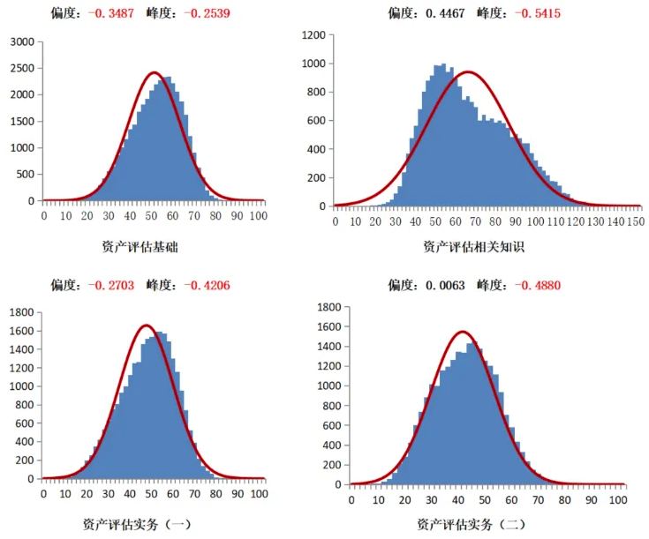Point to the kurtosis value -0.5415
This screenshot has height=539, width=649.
tap(534, 12)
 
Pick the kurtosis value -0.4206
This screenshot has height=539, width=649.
tap(205, 284)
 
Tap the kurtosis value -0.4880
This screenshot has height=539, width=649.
tap(534, 284)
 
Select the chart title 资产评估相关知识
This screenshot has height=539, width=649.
tap(473, 247)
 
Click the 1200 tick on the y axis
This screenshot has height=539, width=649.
tap(313, 35)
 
